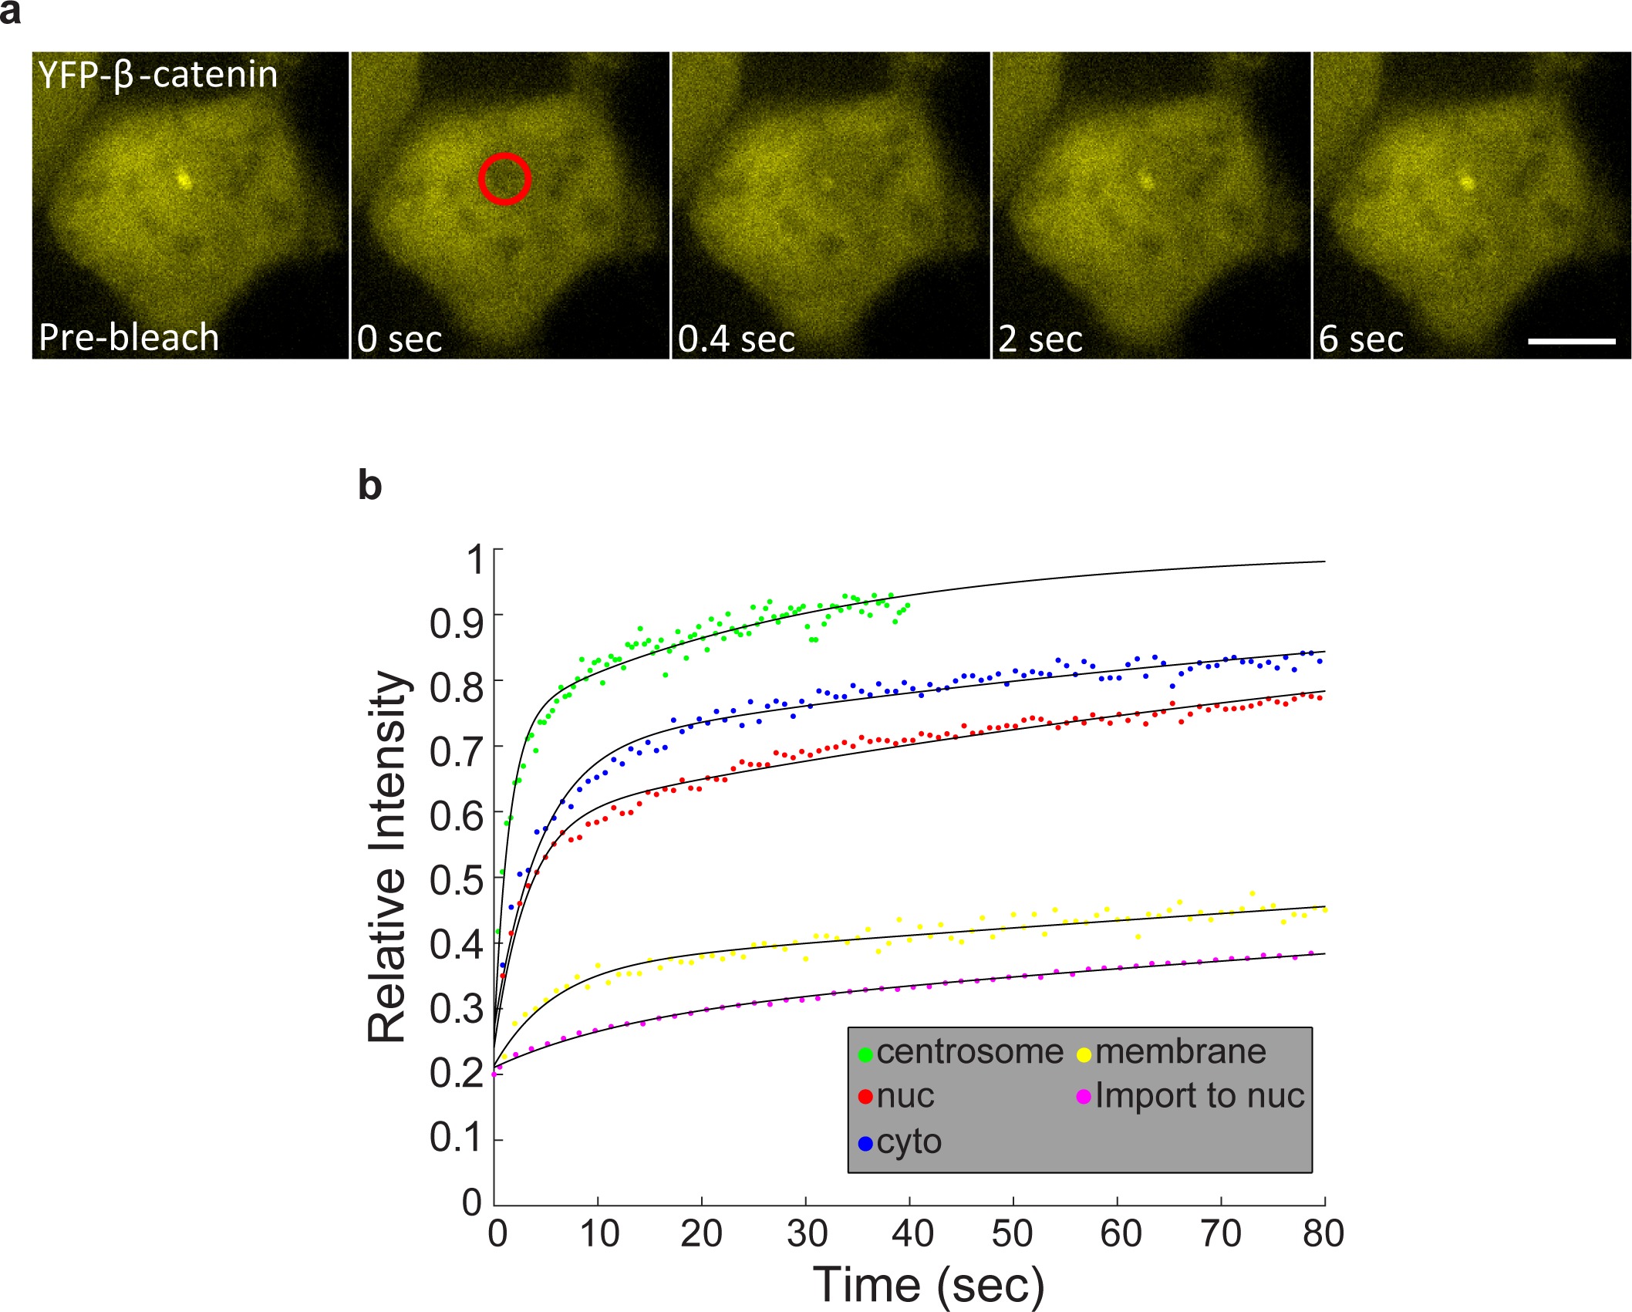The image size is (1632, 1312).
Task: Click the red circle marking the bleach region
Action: coord(504,179)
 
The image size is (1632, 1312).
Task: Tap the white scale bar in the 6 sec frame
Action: coord(1571,341)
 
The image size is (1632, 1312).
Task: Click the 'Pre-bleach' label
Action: coord(129,337)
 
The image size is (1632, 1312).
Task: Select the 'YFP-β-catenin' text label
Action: coord(157,75)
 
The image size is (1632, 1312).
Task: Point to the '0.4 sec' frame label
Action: coord(736,339)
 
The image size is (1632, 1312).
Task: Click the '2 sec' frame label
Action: coord(1040,339)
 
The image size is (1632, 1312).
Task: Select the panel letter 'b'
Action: coord(370,486)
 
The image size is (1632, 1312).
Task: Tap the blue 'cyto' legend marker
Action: coord(865,1142)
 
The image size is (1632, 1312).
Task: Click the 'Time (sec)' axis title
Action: coord(929,1285)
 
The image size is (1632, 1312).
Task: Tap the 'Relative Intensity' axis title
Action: coord(387,856)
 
